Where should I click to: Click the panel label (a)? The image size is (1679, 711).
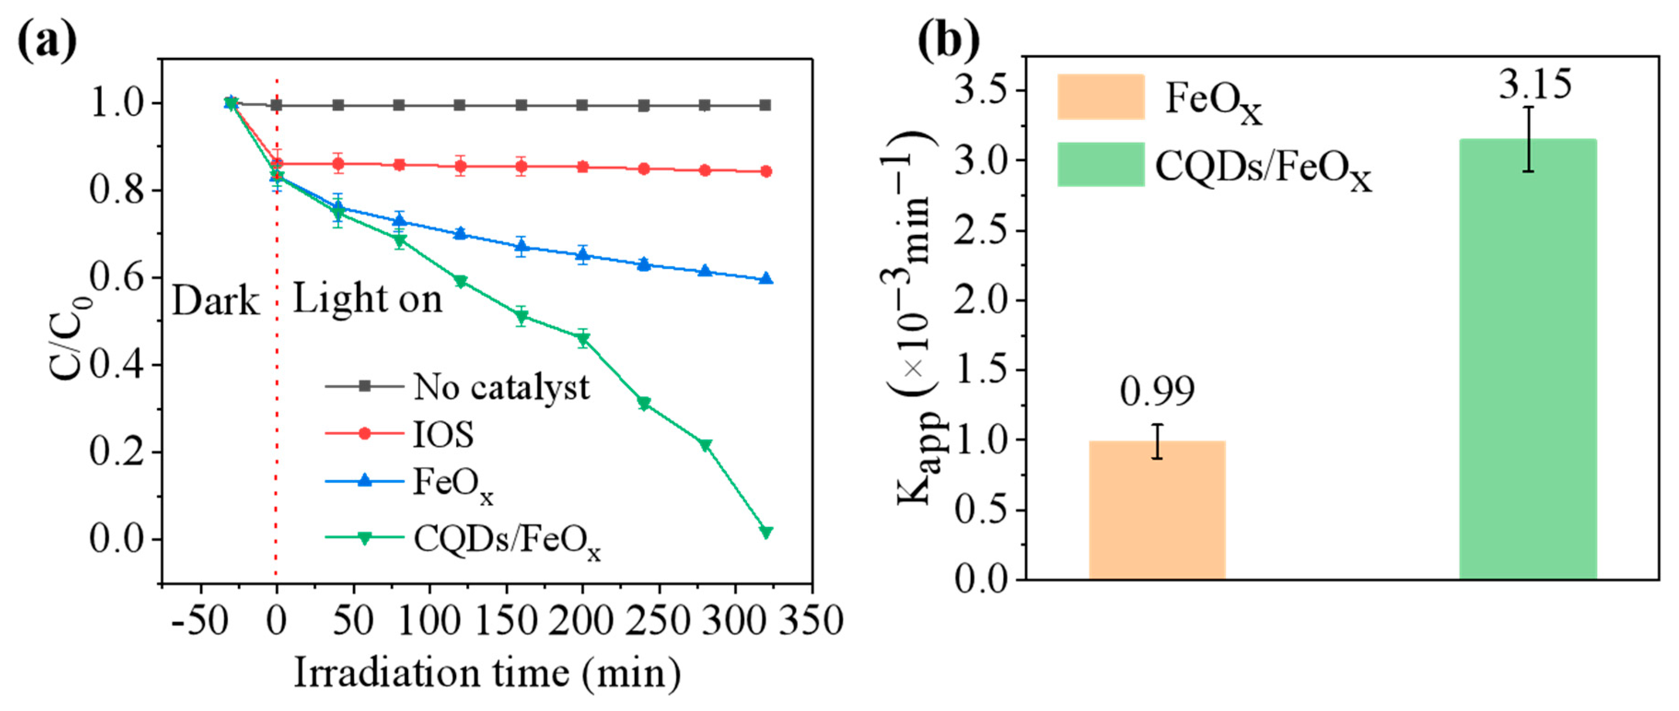click(x=47, y=40)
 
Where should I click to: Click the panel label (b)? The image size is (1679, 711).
click(x=948, y=40)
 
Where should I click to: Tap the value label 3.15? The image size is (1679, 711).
click(x=1535, y=85)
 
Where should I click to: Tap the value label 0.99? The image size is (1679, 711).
click(x=1157, y=392)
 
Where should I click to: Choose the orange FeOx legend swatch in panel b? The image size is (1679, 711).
click(x=1100, y=97)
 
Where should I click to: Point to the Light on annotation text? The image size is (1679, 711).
click(x=367, y=299)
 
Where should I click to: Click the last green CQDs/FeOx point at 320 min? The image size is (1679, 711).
click(x=766, y=532)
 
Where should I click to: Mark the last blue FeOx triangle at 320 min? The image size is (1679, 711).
click(x=766, y=279)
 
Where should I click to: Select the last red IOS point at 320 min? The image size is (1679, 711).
click(x=766, y=171)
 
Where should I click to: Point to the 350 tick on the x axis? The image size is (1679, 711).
click(x=811, y=620)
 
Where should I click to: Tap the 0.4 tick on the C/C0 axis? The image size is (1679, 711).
click(x=116, y=365)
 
